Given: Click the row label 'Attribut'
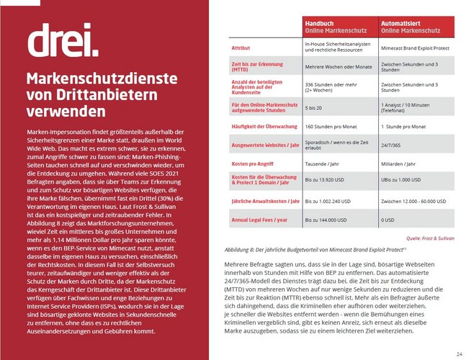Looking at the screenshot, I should pos(241,48).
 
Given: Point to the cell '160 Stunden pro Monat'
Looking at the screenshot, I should pos(330,126).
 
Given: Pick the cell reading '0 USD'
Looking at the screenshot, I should pos(394,220).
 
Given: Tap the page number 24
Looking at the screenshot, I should pos(459,354).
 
